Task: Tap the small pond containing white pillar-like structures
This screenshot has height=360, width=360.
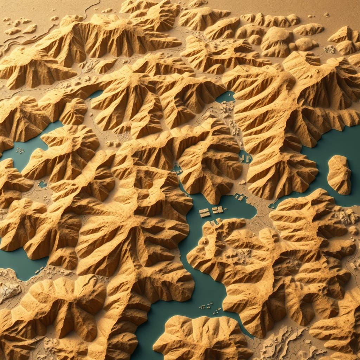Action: tap(245, 157)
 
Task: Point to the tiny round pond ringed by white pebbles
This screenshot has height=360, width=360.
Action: tap(43, 184)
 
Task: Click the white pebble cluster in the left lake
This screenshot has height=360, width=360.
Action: tap(20, 150)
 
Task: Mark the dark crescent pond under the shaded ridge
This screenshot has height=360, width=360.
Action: tap(95, 94)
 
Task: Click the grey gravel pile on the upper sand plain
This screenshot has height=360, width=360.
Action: tap(329, 49)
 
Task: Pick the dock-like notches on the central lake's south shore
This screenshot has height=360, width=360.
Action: tap(213, 223)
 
